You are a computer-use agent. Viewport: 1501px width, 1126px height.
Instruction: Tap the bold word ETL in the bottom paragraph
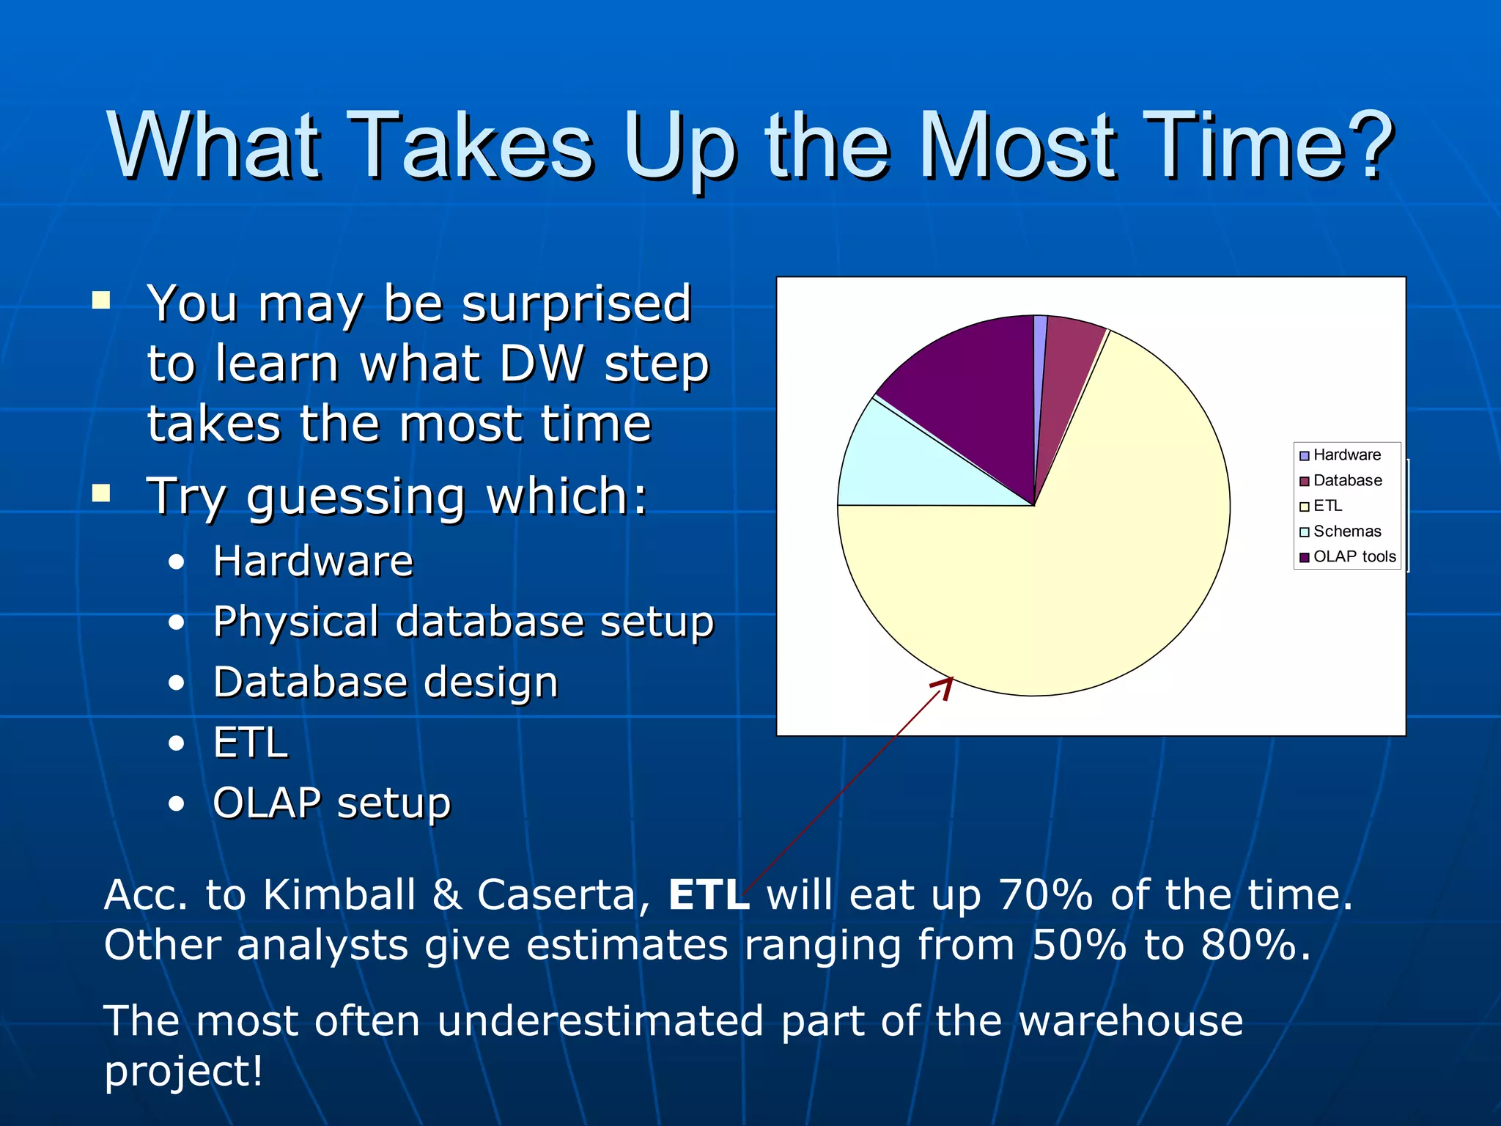(x=708, y=895)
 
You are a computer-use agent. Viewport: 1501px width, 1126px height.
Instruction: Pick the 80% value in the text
(x=1247, y=945)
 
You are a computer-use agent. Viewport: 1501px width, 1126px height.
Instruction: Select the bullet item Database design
(x=386, y=682)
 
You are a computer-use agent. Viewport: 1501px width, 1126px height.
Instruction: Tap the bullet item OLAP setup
(x=331, y=803)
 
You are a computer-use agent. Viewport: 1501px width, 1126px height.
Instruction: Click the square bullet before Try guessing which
(x=101, y=493)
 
